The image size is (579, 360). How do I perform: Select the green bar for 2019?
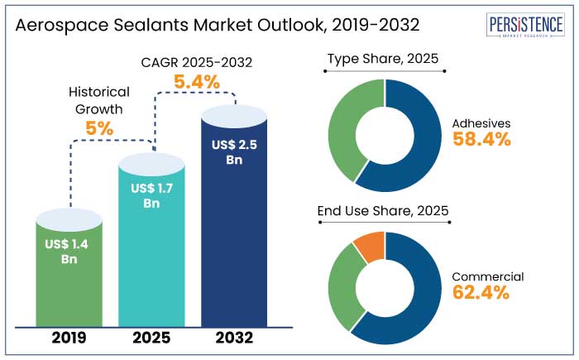[x=69, y=281]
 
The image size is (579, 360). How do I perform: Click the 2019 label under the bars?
[x=69, y=338]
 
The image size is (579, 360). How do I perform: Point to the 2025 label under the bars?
[x=151, y=338]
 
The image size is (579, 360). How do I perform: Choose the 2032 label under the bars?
[x=233, y=338]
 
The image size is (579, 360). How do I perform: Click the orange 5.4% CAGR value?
[x=196, y=82]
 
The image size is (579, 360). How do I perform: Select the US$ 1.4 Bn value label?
[x=69, y=252]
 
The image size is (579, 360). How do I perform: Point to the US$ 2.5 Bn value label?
[x=233, y=152]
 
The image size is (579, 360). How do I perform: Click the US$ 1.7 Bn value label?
[x=151, y=195]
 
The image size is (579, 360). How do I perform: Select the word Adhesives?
[x=481, y=123]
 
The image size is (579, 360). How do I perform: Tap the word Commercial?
[x=488, y=276]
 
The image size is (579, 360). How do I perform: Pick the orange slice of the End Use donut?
[x=368, y=248]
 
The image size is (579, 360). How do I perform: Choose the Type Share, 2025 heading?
[x=383, y=59]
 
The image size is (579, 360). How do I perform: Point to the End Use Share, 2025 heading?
[x=383, y=211]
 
